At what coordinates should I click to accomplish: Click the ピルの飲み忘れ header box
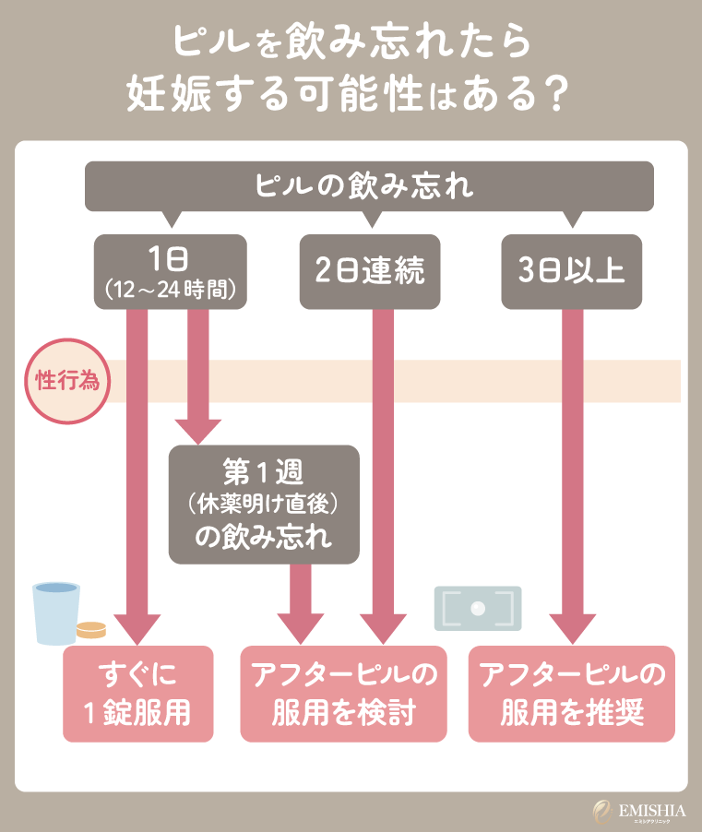click(x=369, y=186)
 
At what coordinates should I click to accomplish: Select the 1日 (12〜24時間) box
click(x=170, y=271)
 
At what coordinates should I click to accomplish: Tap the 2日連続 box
click(x=369, y=271)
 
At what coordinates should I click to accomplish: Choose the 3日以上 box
click(x=572, y=271)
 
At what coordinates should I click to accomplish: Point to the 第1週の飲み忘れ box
click(x=263, y=505)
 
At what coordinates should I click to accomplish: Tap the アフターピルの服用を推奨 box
click(x=572, y=694)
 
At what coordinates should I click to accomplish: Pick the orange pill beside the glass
click(x=91, y=631)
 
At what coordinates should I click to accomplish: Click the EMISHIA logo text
click(x=652, y=807)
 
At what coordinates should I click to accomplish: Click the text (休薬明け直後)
click(x=263, y=505)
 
